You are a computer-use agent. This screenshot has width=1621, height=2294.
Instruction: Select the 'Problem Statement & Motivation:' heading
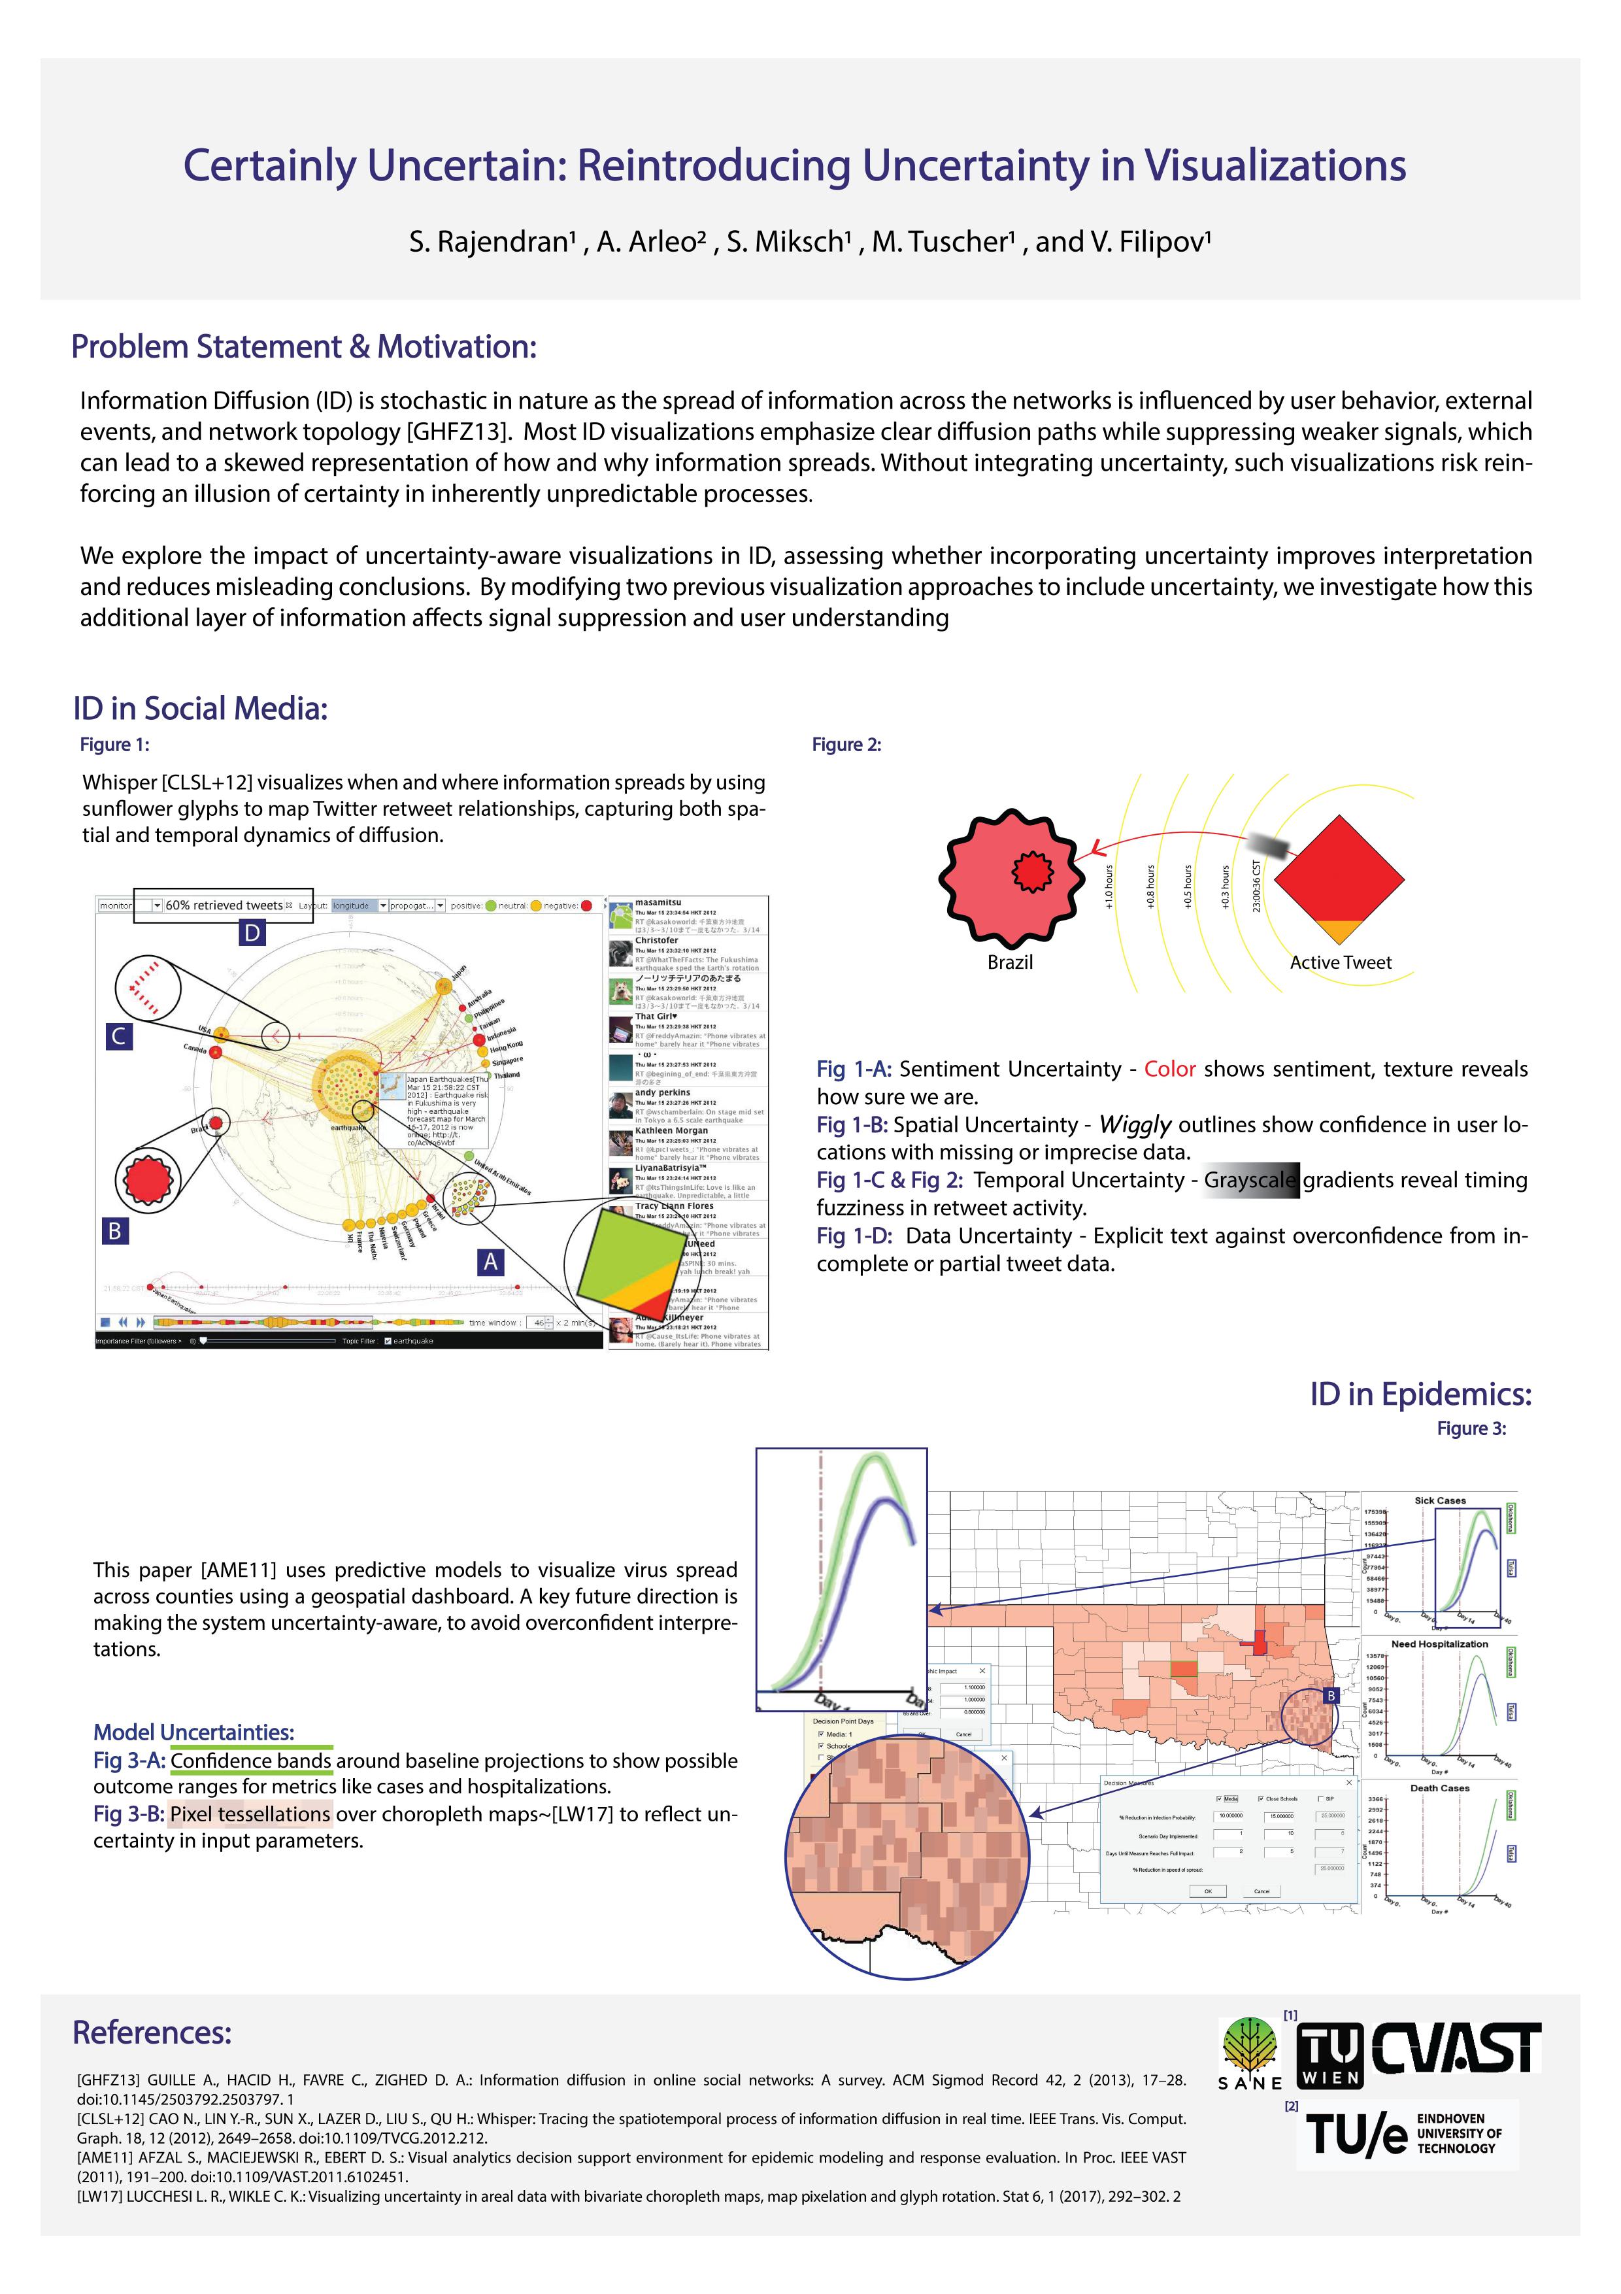(x=304, y=346)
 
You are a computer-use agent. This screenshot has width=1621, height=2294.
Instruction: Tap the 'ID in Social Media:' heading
(x=200, y=709)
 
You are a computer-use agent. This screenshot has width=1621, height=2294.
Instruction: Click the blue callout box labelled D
(x=252, y=933)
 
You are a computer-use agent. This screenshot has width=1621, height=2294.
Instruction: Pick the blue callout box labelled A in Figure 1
(x=490, y=1262)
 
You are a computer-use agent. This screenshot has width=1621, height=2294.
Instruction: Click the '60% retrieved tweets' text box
(x=224, y=905)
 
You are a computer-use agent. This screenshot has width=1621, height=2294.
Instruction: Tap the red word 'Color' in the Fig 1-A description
(x=1169, y=1069)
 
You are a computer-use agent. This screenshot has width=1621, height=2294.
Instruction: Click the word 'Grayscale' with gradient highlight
(x=1250, y=1180)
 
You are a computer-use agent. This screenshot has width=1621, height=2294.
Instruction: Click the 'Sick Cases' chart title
(x=1439, y=1501)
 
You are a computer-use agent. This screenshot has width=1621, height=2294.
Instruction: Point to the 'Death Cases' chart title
(x=1439, y=1789)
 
